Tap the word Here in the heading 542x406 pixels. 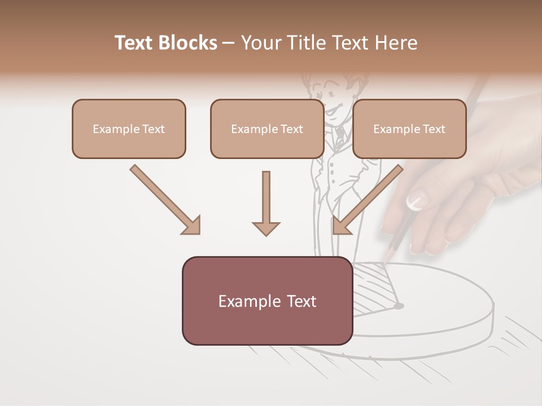tap(395, 43)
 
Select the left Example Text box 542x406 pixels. tap(129, 129)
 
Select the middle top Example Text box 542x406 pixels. tap(267, 129)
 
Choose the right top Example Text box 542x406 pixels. tap(409, 129)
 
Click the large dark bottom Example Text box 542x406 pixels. tap(267, 301)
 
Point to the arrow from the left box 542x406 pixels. tap(165, 200)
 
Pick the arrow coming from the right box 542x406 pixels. tap(367, 200)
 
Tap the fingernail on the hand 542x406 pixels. tap(417, 201)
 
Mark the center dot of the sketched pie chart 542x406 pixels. tap(399, 306)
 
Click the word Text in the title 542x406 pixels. tap(135, 43)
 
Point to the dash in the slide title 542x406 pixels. tap(229, 43)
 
